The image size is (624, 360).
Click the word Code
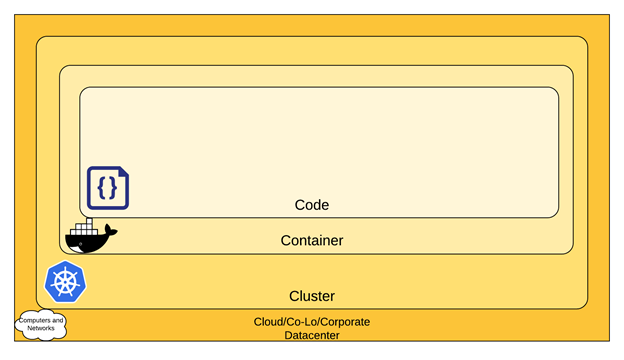pyautogui.click(x=311, y=205)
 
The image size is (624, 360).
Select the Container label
pyautogui.click(x=311, y=241)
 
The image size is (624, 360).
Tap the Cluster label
pyautogui.click(x=311, y=296)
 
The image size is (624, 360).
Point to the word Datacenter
pyautogui.click(x=312, y=335)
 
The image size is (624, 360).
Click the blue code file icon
pyautogui.click(x=108, y=188)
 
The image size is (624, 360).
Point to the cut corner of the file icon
pyautogui.click(x=124, y=172)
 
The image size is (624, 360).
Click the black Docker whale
pyautogui.click(x=89, y=238)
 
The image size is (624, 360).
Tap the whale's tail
pyautogui.click(x=110, y=232)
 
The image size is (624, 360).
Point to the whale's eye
pyautogui.click(x=76, y=242)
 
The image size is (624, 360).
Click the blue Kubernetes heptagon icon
pyautogui.click(x=65, y=282)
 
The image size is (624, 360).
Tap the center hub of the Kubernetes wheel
pyautogui.click(x=65, y=283)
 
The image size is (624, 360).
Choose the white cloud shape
pyautogui.click(x=41, y=324)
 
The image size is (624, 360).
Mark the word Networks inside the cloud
pyautogui.click(x=41, y=328)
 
